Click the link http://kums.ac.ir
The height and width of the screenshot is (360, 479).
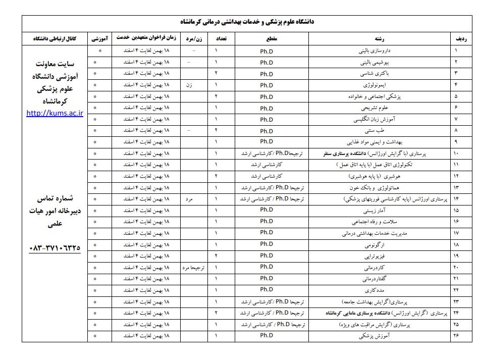click(55, 113)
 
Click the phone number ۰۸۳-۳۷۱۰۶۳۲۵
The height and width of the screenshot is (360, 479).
click(55, 247)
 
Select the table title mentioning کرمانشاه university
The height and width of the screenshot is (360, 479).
click(247, 22)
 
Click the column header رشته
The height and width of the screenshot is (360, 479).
click(379, 39)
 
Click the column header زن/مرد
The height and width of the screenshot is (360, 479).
click(195, 39)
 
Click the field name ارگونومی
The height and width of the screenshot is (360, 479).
click(378, 245)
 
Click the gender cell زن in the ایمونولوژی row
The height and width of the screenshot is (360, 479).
click(189, 85)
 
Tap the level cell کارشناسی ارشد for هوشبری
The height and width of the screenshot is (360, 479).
click(266, 176)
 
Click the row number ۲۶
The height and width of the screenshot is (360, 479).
click(456, 335)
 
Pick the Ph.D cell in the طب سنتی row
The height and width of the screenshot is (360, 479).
click(266, 131)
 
